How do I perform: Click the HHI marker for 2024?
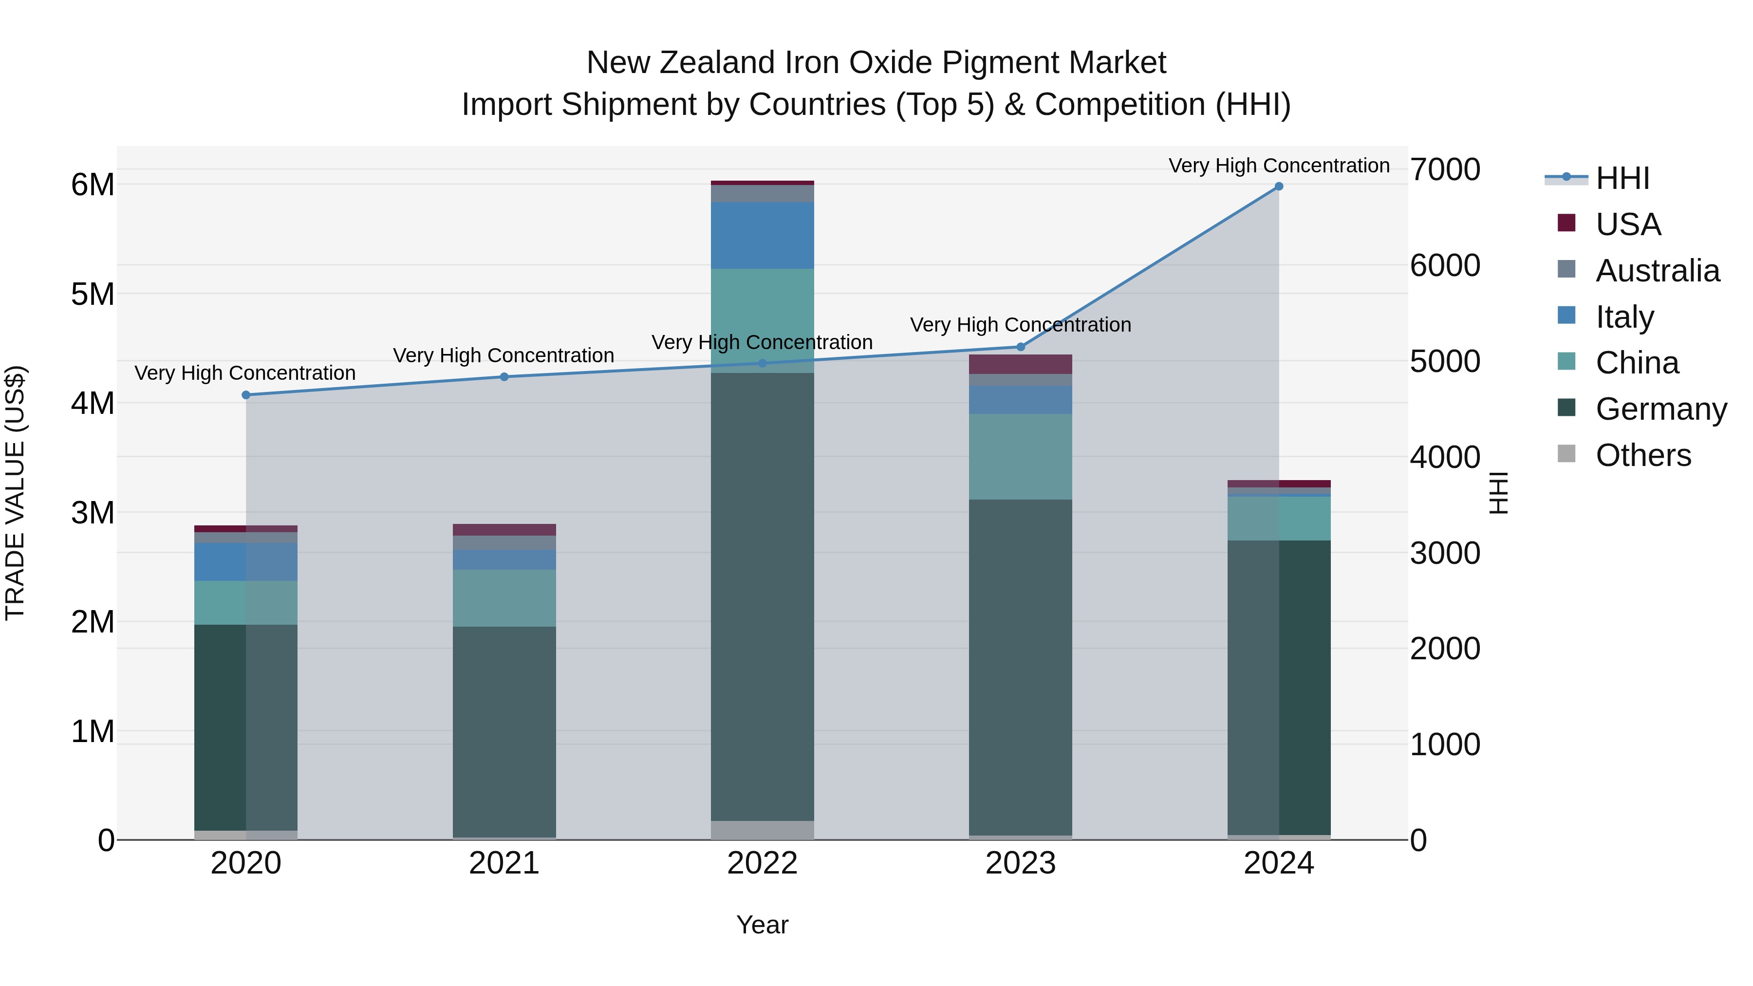coord(1279,186)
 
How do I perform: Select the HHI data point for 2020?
coord(246,395)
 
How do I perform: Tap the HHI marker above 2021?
coord(504,377)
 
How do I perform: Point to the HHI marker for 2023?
coord(1021,347)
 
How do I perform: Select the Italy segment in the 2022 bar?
coord(762,236)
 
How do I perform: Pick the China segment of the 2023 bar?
coord(1021,457)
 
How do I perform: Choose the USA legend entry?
coord(1628,224)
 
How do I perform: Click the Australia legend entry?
coord(1657,271)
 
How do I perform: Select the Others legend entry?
coord(1643,455)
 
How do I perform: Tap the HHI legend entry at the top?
coord(1622,178)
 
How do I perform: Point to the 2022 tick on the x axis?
coord(762,863)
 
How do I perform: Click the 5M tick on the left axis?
coord(93,294)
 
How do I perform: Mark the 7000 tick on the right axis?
coord(1445,169)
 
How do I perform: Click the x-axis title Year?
coord(762,925)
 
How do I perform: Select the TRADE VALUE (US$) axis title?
coord(15,493)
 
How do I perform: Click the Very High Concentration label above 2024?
coord(1279,166)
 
